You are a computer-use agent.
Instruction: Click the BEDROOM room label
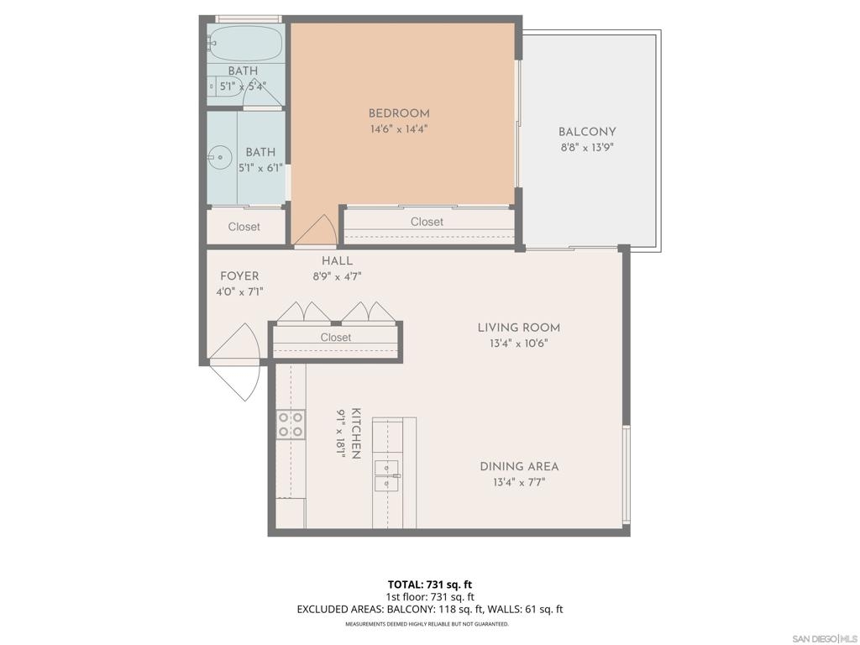tap(399, 113)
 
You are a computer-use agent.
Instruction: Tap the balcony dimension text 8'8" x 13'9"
tap(587, 148)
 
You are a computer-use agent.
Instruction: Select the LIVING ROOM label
tap(519, 328)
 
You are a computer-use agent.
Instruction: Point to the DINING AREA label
tap(519, 467)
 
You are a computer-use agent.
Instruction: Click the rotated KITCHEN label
tap(356, 433)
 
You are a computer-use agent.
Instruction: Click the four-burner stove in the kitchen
tap(291, 425)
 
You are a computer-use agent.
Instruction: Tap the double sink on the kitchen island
tap(387, 476)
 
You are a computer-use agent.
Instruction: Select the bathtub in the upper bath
tap(245, 44)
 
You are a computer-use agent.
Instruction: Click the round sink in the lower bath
tap(219, 157)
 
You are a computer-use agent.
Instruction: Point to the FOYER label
tap(239, 276)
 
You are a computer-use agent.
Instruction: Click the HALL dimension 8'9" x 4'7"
tap(338, 277)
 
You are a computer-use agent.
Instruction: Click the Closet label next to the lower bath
tap(244, 227)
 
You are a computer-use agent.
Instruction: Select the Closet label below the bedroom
tap(427, 222)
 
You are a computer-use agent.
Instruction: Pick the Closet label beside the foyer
tap(336, 338)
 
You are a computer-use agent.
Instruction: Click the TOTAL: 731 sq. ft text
tap(430, 585)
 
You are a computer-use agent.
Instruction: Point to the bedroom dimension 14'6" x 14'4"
tap(399, 129)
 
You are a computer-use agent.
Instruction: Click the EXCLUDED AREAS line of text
tap(430, 610)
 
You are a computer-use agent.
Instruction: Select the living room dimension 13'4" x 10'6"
tap(519, 343)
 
